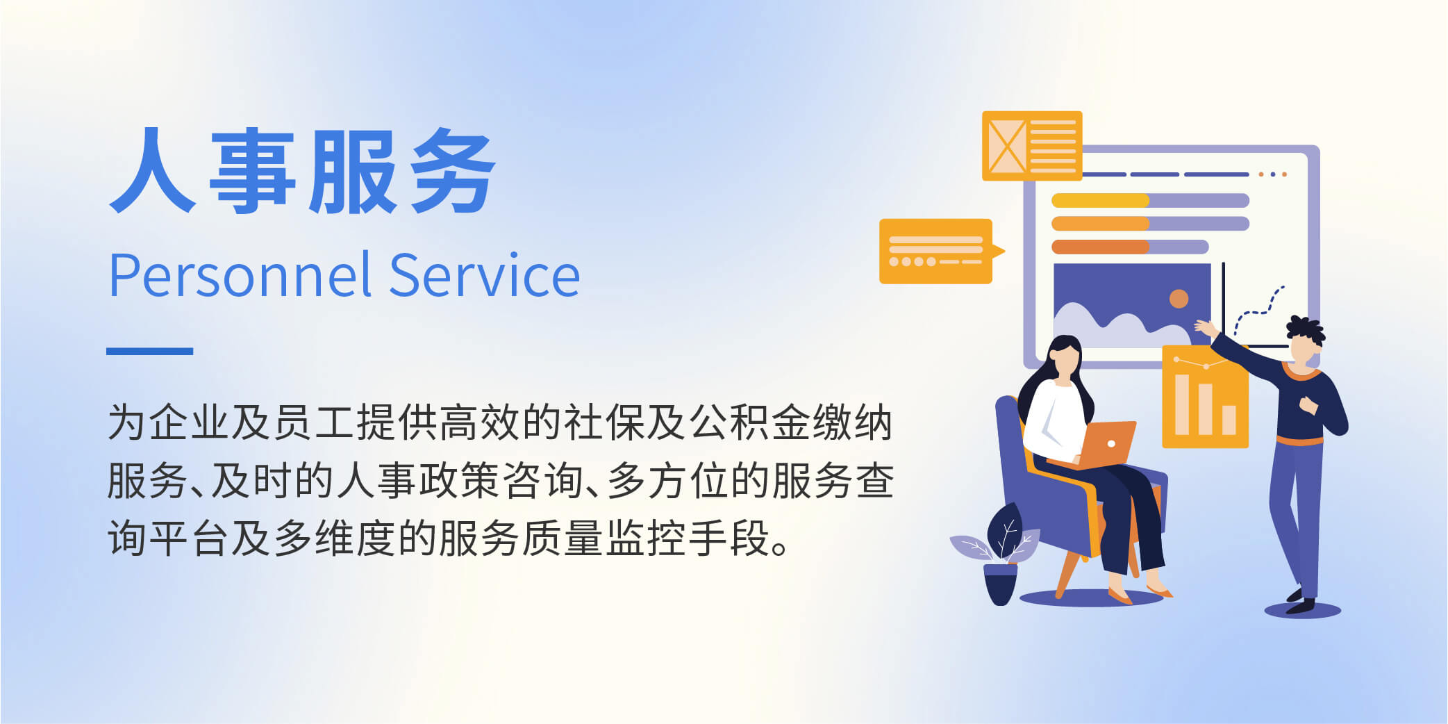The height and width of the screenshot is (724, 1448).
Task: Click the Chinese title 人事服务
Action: coord(303,171)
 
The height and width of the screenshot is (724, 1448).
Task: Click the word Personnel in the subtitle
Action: coord(240,276)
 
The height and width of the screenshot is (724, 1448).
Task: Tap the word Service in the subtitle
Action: coord(484,276)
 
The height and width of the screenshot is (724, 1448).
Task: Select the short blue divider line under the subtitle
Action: coord(149,351)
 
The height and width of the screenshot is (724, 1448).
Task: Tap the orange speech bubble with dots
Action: coord(939,252)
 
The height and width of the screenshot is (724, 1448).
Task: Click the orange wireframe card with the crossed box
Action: coord(1032,146)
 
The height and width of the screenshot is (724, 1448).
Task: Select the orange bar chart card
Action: coord(1205,397)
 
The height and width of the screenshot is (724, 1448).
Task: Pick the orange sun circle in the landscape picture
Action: coord(1179,299)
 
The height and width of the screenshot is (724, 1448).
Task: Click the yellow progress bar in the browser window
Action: coord(1100,201)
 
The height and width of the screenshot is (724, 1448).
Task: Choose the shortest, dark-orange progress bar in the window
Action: coord(1100,247)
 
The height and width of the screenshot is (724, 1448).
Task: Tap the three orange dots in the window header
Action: coord(1273,174)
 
